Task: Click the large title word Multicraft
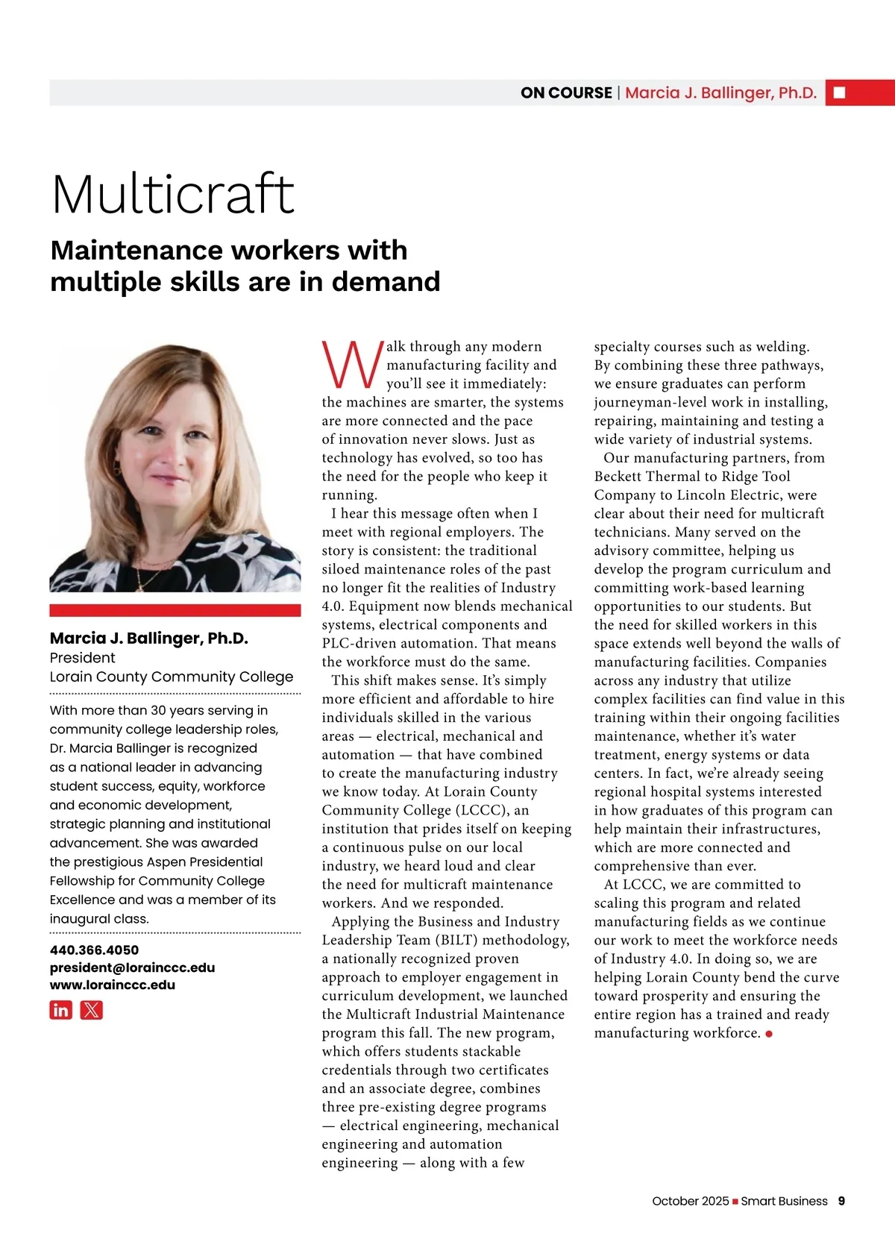[x=173, y=195]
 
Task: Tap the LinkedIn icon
[x=61, y=1010]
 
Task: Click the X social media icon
[x=91, y=1010]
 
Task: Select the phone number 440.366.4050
[x=94, y=950]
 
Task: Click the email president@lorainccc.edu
[x=132, y=967]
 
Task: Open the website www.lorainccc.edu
[x=113, y=985]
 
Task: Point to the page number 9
[x=841, y=1201]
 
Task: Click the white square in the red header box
[x=839, y=92]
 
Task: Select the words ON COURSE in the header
[x=566, y=92]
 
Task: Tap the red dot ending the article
[x=769, y=1034]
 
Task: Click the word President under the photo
[x=82, y=657]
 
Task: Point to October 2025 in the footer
[x=690, y=1201]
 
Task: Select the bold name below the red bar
[x=148, y=638]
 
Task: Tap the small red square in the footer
[x=735, y=1201]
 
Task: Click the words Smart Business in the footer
[x=784, y=1201]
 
